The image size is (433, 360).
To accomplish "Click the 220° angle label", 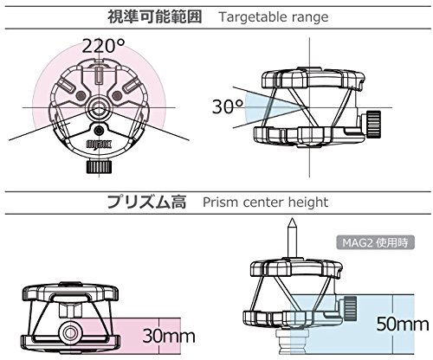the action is click(103, 46).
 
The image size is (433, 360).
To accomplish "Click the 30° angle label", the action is click(228, 106).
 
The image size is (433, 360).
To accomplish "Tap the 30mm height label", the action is click(169, 336).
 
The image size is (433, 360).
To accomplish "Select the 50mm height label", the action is click(403, 324).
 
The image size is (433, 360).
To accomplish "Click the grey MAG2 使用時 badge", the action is click(375, 242).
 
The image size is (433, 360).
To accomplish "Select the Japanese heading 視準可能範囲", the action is click(155, 16).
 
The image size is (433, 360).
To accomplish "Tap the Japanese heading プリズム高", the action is click(146, 202).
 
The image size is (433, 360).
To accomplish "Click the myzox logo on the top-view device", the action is click(99, 144).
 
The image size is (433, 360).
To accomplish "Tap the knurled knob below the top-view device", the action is click(99, 167).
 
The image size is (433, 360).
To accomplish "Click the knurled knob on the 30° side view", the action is click(373, 125).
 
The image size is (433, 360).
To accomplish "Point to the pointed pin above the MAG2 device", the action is click(292, 238).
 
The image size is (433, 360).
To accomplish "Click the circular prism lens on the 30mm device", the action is click(69, 333).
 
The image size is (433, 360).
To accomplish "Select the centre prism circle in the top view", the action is click(99, 108).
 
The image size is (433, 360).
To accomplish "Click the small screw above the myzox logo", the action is click(99, 130).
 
